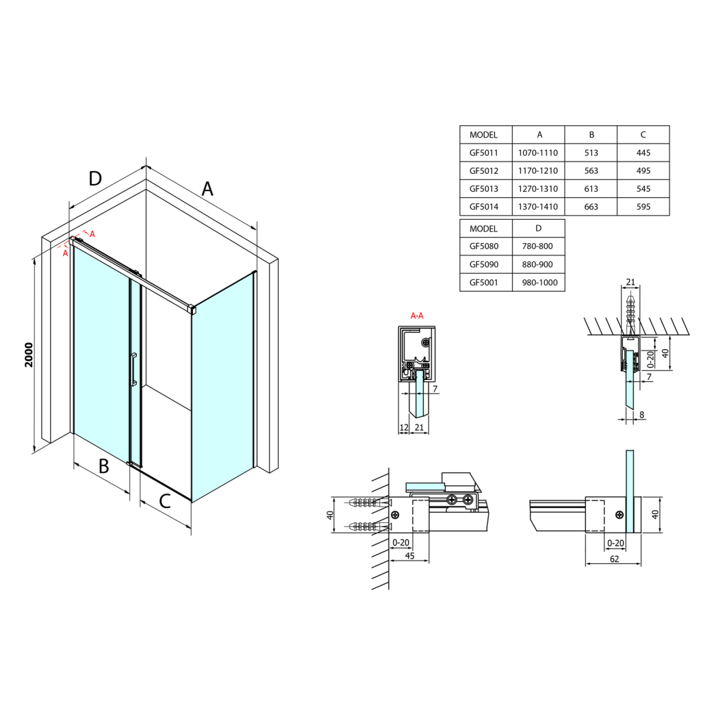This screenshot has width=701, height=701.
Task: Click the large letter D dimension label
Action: (x=95, y=179)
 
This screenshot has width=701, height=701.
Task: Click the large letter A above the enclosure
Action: (x=207, y=188)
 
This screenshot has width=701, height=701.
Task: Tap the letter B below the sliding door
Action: (x=103, y=466)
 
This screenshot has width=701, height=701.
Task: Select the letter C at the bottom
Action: (x=164, y=501)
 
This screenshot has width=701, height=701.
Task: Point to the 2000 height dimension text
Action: (x=29, y=355)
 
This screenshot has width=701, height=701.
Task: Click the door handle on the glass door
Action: (x=133, y=370)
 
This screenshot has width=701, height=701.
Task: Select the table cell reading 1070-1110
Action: (x=538, y=153)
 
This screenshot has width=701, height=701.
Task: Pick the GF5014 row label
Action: (x=484, y=206)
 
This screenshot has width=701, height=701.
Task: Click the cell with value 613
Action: (x=590, y=188)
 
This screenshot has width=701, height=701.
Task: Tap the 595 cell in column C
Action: (x=642, y=206)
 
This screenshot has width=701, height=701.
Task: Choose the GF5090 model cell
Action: (x=484, y=264)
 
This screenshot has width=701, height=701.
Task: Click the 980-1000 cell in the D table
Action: (x=538, y=282)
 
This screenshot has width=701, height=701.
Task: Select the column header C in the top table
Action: (x=642, y=135)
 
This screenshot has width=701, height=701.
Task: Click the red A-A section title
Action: (x=416, y=316)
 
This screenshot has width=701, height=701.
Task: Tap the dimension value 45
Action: (x=409, y=555)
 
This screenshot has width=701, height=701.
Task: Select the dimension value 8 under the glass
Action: (x=641, y=414)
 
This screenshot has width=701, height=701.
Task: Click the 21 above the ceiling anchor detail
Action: (x=630, y=282)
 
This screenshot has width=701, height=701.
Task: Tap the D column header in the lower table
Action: (x=538, y=228)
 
